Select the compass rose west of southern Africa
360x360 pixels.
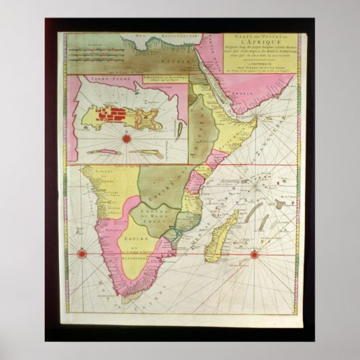[x=81, y=254]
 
